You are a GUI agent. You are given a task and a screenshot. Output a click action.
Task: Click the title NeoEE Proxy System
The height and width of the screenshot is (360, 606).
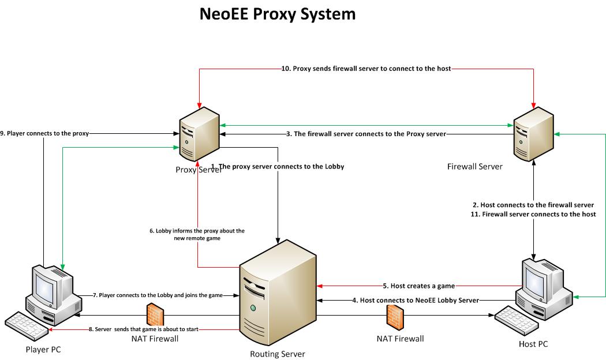[x=278, y=14]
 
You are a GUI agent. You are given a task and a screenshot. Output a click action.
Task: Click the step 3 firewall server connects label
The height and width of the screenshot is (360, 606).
[x=366, y=134]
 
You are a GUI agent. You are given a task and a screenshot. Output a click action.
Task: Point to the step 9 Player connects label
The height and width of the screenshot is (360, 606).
[x=45, y=134]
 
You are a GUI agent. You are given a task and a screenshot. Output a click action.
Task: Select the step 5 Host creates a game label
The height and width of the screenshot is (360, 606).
[x=419, y=286]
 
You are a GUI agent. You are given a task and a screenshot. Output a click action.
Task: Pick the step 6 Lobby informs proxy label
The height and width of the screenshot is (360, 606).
[x=196, y=234]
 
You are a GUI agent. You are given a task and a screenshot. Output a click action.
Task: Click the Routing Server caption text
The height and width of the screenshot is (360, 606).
[x=277, y=354]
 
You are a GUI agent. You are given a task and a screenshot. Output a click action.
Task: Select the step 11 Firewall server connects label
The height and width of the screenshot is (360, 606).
[x=533, y=214]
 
